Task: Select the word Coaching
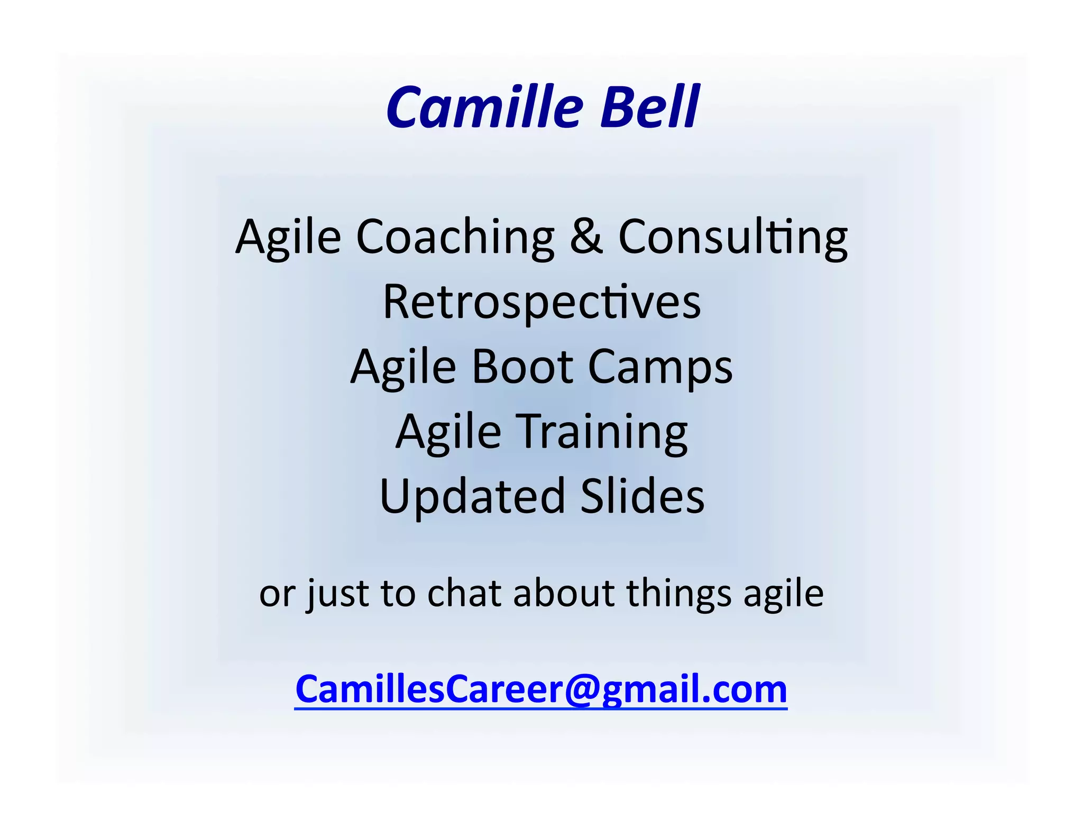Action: point(455,236)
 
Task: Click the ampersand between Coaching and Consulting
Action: point(586,236)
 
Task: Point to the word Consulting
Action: point(732,236)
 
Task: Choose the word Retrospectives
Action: point(541,302)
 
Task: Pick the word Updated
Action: point(472,497)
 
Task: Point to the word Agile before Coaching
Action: point(288,238)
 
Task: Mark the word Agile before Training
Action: point(448,432)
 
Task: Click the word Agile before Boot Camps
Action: point(403,368)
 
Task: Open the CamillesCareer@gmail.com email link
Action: point(541,689)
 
